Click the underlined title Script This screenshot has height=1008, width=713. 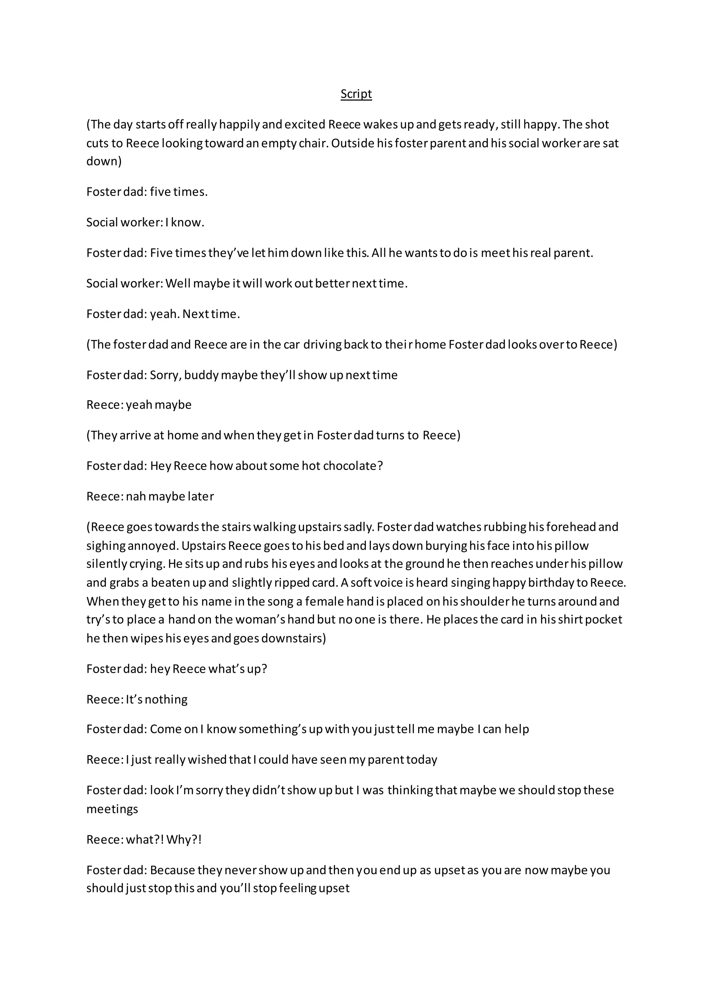(x=356, y=94)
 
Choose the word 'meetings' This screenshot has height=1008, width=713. (x=112, y=809)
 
